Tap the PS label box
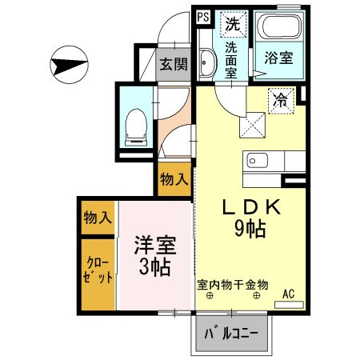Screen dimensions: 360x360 [x=202, y=16]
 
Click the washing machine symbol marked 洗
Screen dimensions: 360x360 [x=233, y=24]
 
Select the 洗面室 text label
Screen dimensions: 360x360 [x=231, y=59]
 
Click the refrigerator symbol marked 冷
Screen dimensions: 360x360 [x=282, y=100]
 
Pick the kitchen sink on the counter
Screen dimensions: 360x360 [x=258, y=160]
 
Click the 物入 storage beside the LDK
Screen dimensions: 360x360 [x=174, y=178]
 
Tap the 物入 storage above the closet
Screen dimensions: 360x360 [x=98, y=218]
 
